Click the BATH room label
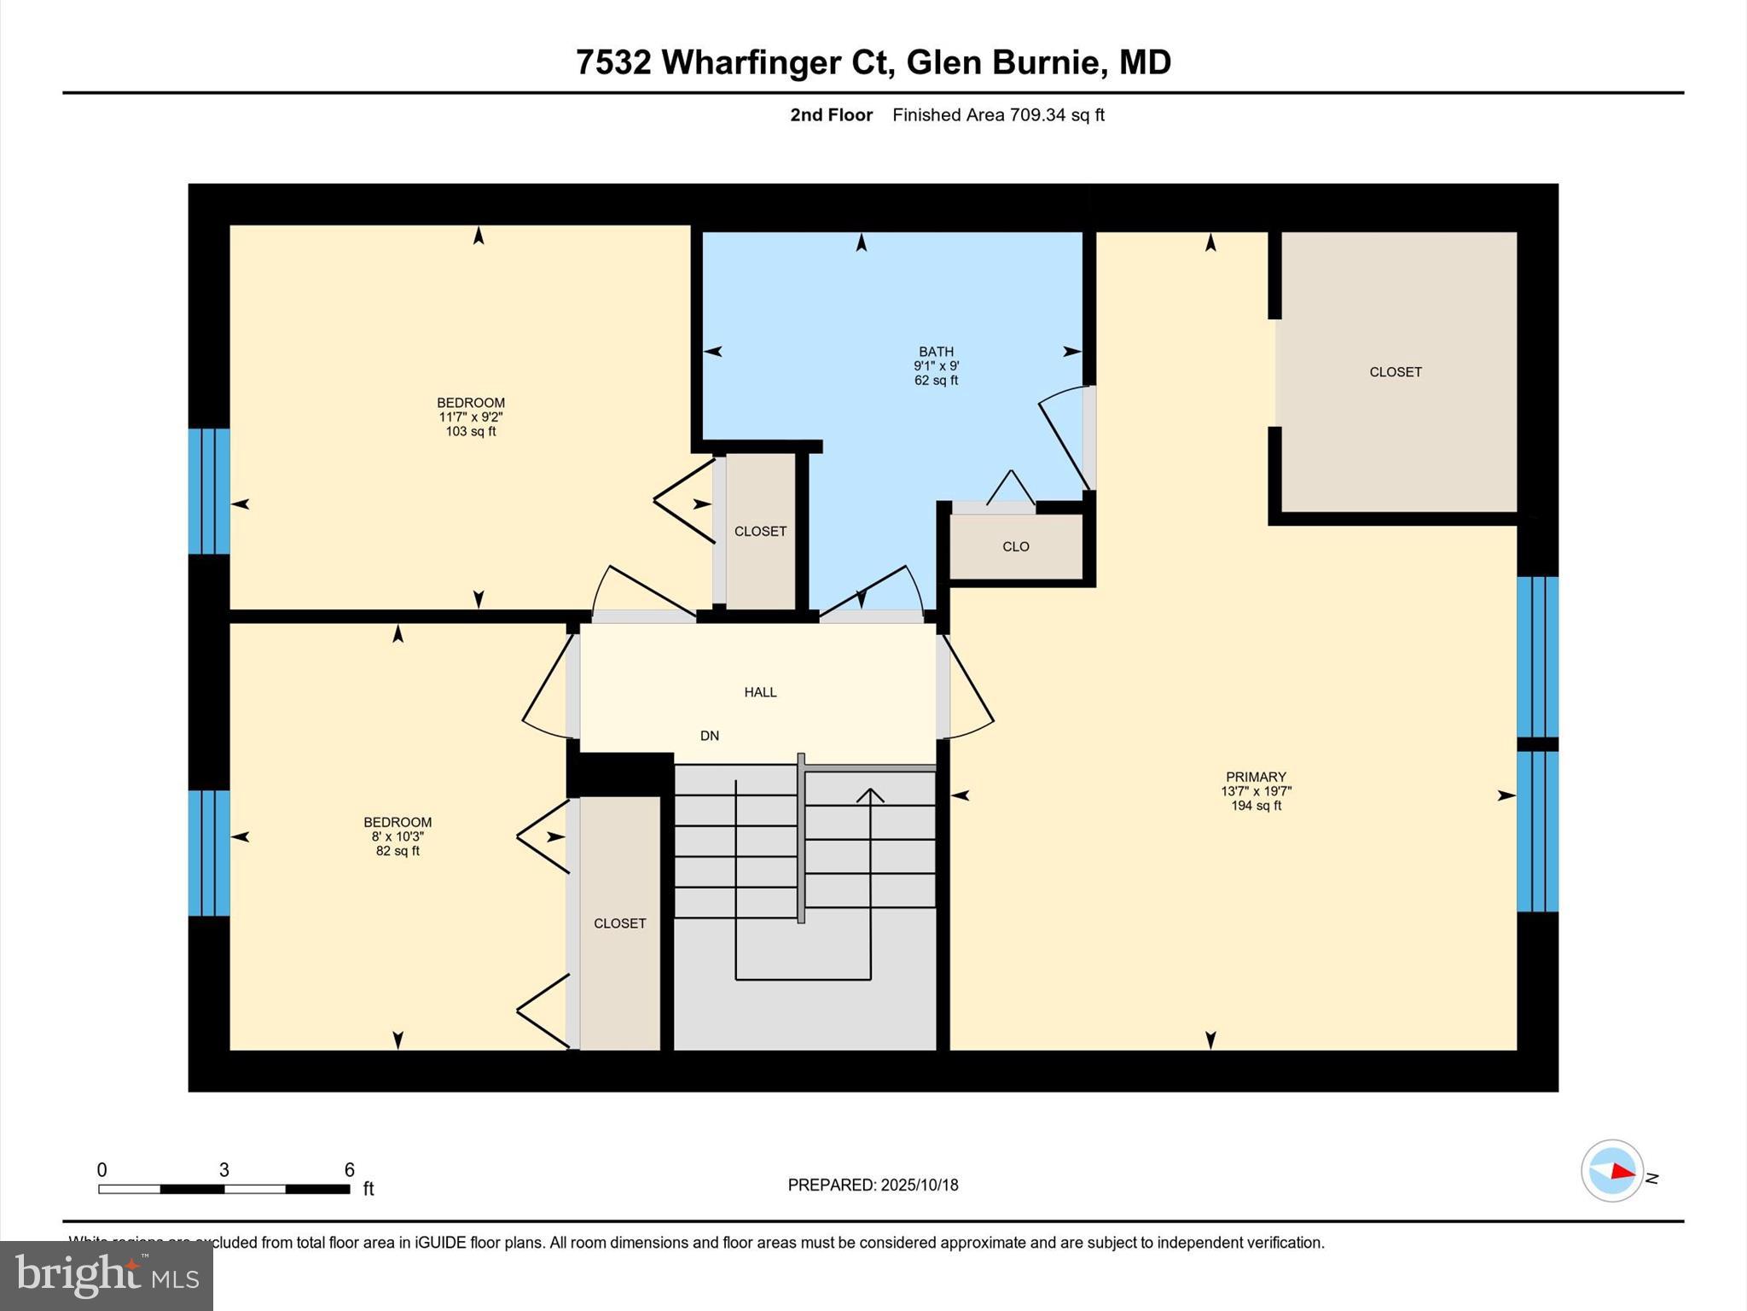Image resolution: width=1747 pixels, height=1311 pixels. tap(936, 352)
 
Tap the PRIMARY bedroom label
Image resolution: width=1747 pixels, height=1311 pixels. tap(1256, 777)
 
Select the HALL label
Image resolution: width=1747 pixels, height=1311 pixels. tap(760, 692)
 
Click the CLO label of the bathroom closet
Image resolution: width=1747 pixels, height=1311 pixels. tap(1016, 546)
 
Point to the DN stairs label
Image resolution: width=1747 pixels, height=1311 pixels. tap(710, 736)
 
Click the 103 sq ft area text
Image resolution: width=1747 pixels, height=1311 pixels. tap(471, 432)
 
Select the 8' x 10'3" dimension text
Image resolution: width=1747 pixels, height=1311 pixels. tap(398, 836)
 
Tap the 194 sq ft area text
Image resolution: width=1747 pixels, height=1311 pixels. tap(1256, 806)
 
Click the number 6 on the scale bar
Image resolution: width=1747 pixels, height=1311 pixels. tap(349, 1170)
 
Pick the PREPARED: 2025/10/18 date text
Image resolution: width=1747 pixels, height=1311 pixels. tap(873, 1185)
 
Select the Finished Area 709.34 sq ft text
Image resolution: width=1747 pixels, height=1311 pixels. tap(998, 115)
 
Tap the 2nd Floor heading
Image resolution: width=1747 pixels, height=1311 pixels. tap(831, 115)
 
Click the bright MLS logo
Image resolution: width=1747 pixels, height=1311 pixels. tap(107, 1275)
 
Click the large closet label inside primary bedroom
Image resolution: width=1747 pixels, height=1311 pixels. tap(1396, 372)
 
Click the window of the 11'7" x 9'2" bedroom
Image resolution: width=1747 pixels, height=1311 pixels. tap(209, 492)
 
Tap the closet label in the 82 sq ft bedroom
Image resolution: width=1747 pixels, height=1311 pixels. tap(620, 924)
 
